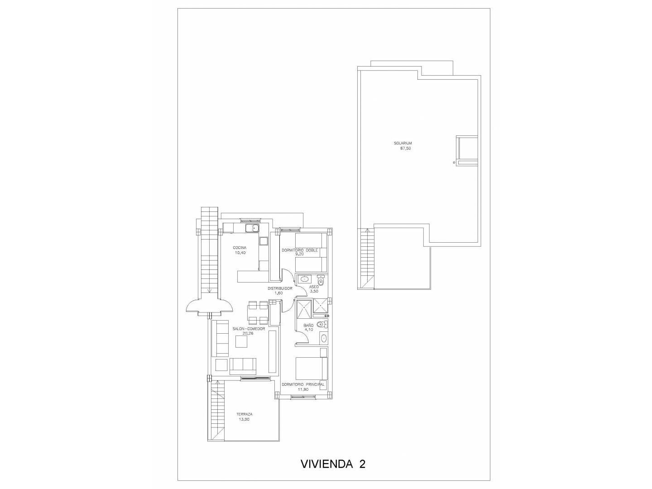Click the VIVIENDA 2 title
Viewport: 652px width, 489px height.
[x=333, y=464]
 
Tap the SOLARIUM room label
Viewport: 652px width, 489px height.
[x=403, y=143]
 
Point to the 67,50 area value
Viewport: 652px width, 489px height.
[x=405, y=149]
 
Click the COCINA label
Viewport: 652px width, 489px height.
[x=240, y=248]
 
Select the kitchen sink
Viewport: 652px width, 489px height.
[x=253, y=228]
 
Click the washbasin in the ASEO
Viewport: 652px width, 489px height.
[x=304, y=279]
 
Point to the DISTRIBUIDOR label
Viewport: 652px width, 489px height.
[x=280, y=288]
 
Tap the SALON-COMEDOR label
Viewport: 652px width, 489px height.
[x=249, y=329]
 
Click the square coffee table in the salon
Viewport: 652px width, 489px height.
[x=241, y=341]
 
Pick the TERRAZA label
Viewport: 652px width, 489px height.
[x=244, y=414]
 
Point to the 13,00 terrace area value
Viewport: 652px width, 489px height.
[x=244, y=420]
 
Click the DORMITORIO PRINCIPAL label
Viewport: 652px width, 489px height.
[x=303, y=384]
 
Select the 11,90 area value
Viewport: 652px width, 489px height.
[x=303, y=389]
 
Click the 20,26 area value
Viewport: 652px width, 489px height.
[x=248, y=333]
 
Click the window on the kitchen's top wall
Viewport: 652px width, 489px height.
[x=250, y=220]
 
